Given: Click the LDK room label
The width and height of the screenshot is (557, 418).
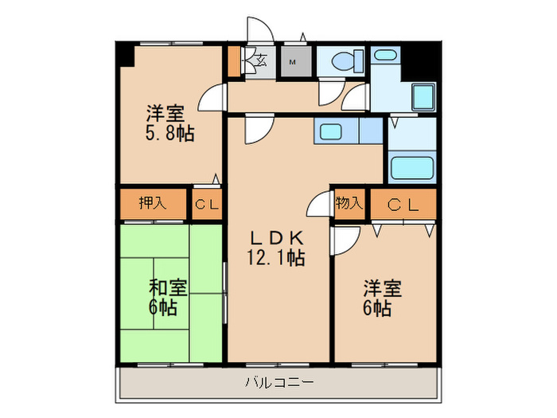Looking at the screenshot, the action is click(277, 238).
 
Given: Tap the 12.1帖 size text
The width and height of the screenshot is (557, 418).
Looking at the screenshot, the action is click(276, 258).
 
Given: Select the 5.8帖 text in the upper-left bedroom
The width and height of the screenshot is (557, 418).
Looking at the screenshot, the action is click(169, 134).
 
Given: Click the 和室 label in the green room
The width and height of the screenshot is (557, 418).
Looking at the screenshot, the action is click(168, 288).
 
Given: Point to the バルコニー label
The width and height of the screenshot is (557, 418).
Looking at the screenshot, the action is click(279, 382).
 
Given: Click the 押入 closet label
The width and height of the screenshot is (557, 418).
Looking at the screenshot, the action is click(153, 203).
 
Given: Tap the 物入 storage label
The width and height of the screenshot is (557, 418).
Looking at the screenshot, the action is click(349, 203).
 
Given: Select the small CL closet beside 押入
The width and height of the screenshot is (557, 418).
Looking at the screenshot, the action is click(207, 205).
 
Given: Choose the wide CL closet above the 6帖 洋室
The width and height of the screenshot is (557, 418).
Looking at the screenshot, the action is click(403, 205).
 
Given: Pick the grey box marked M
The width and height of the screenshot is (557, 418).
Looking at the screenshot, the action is click(296, 61).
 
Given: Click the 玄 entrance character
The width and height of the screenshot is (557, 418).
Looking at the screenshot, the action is click(262, 60).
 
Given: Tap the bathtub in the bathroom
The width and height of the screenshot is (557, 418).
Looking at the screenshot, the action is click(412, 167).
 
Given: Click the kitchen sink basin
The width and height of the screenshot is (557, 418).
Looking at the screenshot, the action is click(331, 132).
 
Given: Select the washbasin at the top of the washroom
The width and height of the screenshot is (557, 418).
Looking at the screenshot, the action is click(384, 56).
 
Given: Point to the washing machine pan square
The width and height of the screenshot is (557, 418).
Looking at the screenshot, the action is click(423, 96).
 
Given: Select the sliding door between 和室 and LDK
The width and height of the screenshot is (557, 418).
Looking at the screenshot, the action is click(225, 292).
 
